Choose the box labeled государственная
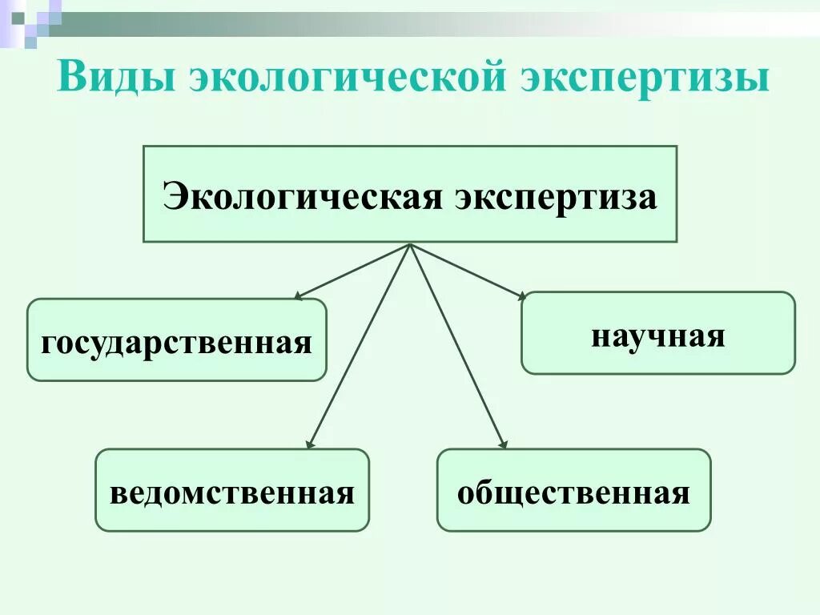pos(177,340)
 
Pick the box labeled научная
pos(658,333)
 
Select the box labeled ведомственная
pos(232,490)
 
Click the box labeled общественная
pos(573,490)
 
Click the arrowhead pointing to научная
pos(521,296)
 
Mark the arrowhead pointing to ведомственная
pos(310,443)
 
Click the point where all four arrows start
pos(410,244)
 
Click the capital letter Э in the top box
pos(175,195)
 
